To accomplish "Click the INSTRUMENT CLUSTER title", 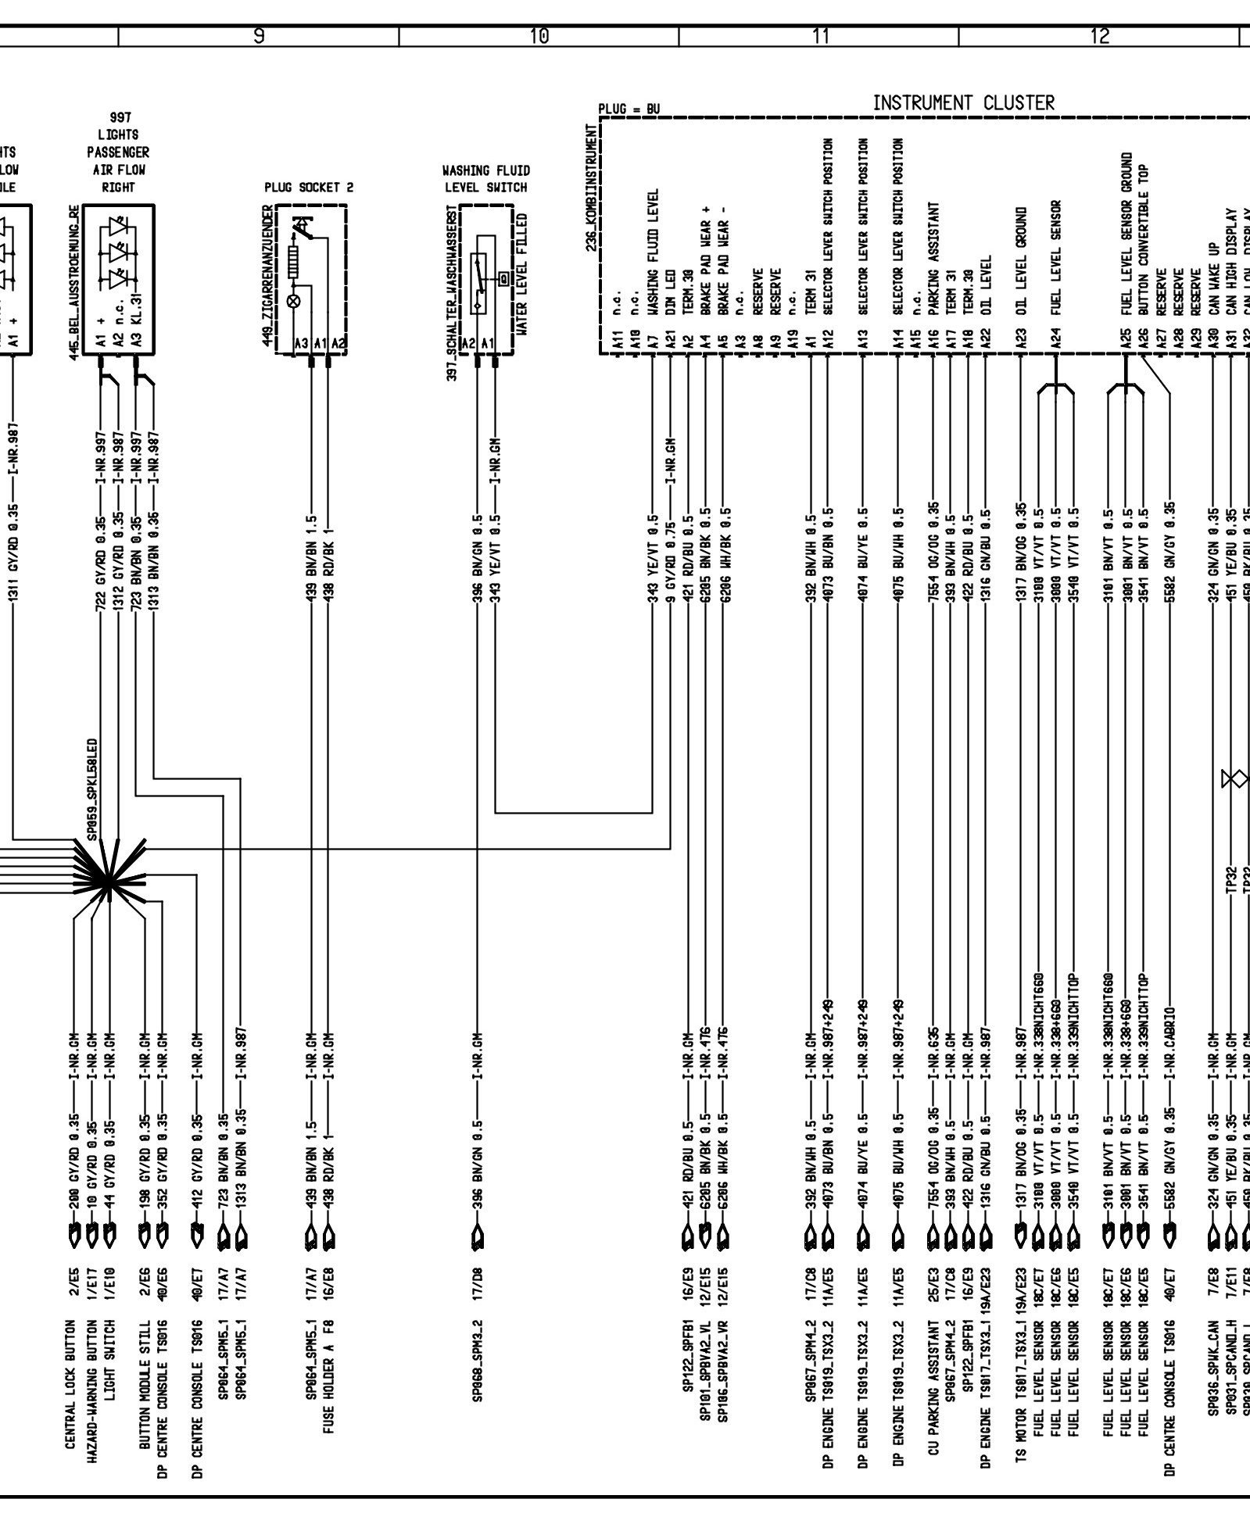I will tap(963, 102).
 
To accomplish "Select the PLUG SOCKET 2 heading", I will tap(309, 188).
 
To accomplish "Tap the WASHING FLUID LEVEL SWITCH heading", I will tap(485, 179).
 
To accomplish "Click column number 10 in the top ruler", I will tap(539, 36).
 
